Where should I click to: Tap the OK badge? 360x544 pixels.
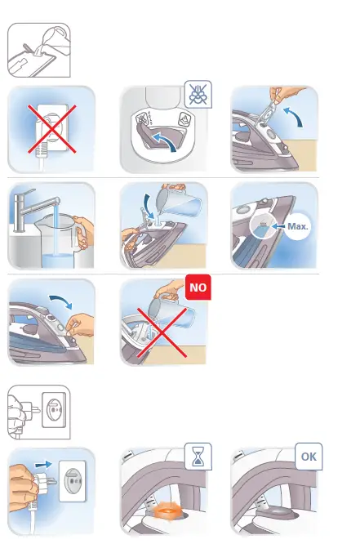[x=308, y=457]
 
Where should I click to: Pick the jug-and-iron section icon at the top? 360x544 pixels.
[x=38, y=51]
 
